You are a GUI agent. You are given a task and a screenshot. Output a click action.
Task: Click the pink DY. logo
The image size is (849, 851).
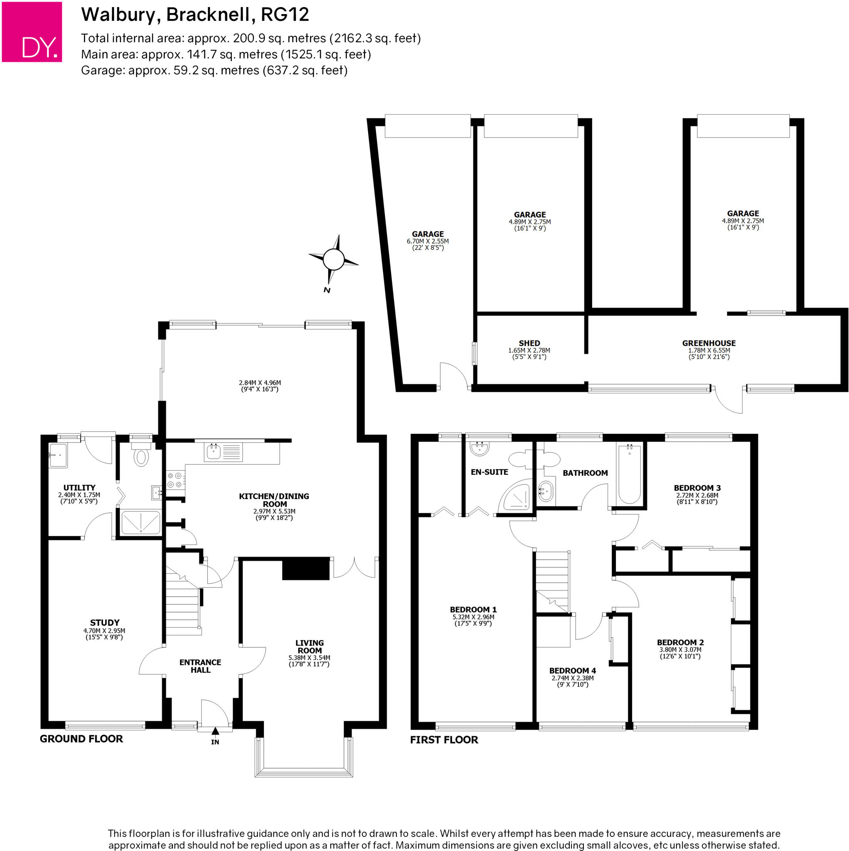click(x=32, y=32)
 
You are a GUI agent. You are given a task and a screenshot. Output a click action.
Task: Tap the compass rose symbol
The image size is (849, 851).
click(x=334, y=259)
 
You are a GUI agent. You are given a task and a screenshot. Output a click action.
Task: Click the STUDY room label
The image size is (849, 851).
click(x=104, y=622)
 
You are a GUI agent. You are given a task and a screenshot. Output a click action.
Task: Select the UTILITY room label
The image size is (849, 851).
click(x=79, y=487)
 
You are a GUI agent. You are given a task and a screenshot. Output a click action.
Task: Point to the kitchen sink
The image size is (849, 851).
click(x=214, y=452)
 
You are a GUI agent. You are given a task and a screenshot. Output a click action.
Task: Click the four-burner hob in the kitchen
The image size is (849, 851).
click(x=175, y=480)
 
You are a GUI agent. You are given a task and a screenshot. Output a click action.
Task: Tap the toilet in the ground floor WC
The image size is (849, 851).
click(x=141, y=455)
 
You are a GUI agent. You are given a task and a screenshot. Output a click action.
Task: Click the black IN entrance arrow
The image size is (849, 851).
click(x=215, y=731)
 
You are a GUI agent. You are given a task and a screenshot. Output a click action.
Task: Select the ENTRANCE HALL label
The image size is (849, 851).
click(x=200, y=666)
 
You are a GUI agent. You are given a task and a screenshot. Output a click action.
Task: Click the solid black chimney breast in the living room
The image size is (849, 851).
click(x=306, y=568)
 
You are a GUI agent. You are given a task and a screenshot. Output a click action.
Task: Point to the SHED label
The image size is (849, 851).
click(x=529, y=343)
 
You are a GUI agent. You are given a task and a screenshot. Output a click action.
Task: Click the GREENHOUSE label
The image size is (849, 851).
click(x=709, y=343)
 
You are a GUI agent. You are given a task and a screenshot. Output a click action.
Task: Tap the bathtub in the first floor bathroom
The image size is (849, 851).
click(x=629, y=474)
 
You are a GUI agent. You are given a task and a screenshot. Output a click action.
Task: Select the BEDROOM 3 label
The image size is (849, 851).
click(x=697, y=487)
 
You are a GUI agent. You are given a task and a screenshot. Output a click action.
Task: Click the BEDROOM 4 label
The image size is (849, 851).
click(x=572, y=670)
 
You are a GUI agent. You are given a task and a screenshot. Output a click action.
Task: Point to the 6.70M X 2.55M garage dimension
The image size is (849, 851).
click(x=427, y=241)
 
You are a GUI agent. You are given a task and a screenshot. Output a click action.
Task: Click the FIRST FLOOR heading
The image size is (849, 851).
click(x=444, y=740)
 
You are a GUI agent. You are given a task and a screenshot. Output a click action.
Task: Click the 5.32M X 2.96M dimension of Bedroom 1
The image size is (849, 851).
click(x=473, y=617)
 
